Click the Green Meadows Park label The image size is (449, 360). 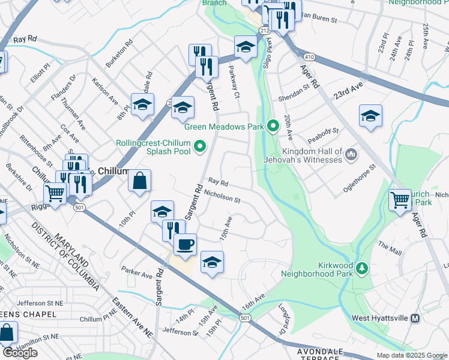224,126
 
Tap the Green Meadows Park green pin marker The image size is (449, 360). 273,126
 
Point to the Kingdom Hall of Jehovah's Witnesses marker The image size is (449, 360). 352,155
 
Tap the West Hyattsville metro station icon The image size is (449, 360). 415,319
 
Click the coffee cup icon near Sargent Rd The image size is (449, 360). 185,244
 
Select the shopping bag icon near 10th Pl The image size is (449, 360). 139,181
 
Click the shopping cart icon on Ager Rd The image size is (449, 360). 400,200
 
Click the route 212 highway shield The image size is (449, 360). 265,29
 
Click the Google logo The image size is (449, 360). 20,353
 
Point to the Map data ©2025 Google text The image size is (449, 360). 412,355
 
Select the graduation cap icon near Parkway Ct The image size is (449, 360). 245,47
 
